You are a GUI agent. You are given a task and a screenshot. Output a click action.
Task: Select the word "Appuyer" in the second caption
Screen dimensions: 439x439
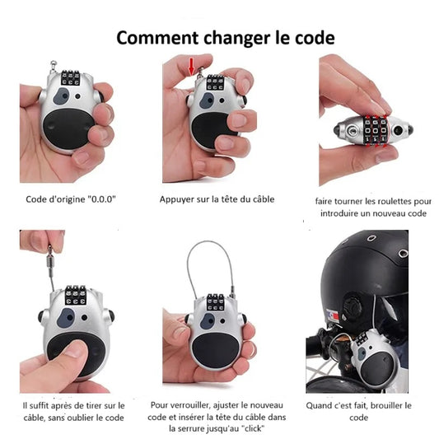179,199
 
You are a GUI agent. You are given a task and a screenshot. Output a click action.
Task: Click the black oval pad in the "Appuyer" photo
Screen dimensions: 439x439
211,131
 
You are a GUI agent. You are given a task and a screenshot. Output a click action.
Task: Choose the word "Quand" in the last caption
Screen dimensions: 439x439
321,405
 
